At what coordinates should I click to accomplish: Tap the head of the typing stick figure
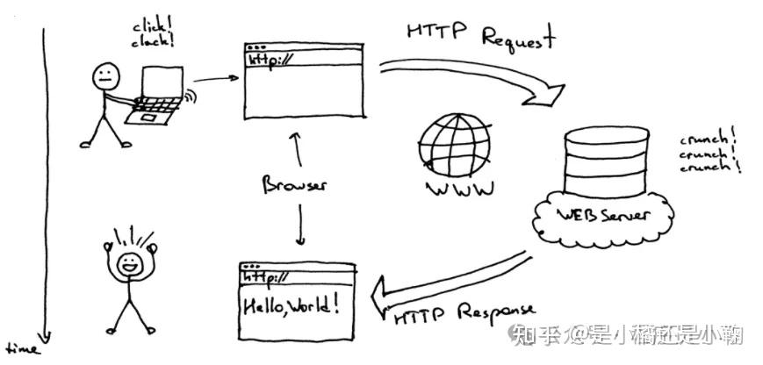[x=104, y=75]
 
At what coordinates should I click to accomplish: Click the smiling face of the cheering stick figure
[x=128, y=262]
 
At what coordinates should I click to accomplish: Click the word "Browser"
[x=295, y=186]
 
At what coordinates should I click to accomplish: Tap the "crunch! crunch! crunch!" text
[x=709, y=153]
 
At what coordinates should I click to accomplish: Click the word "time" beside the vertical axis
[x=21, y=350]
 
